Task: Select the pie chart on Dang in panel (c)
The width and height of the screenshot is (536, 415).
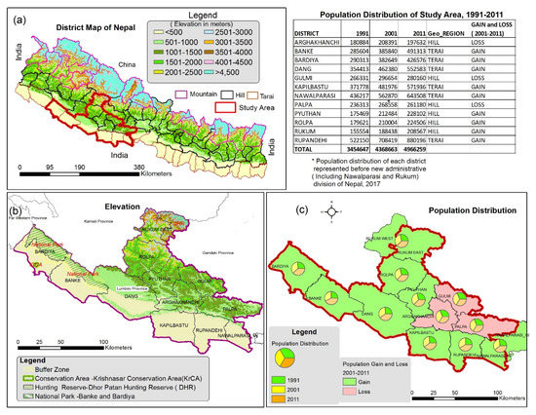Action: pyautogui.click(x=387, y=312)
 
